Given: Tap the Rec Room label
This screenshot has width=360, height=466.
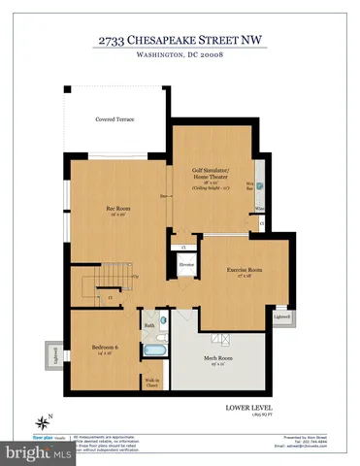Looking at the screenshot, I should (x=118, y=209).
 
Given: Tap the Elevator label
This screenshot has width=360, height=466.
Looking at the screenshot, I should (x=187, y=263).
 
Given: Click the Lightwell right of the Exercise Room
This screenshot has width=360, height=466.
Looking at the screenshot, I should (x=282, y=316).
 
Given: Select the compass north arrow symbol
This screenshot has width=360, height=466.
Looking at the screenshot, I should (x=42, y=421).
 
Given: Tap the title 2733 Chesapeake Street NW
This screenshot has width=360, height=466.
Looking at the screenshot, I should (x=180, y=40).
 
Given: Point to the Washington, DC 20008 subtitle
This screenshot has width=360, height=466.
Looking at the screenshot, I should (x=180, y=55).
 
